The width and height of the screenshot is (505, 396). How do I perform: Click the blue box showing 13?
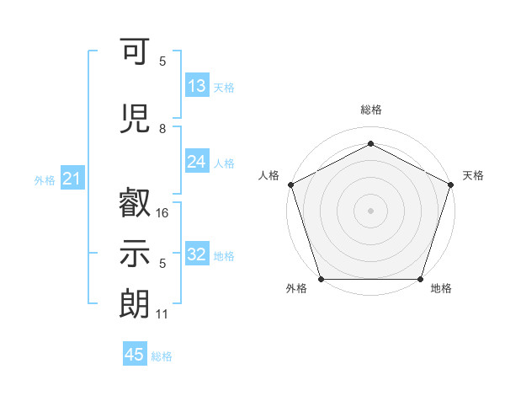[197, 86]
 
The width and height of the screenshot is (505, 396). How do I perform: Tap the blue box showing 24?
[197, 162]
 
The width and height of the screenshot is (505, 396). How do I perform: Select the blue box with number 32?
[197, 254]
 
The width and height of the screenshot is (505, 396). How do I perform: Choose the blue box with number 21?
[72, 179]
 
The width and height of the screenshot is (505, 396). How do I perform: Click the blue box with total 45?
[135, 355]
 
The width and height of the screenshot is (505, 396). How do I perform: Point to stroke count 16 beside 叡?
[163, 213]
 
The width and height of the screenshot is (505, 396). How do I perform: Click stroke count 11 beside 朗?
[162, 314]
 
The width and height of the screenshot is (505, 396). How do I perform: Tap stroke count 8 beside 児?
[162, 129]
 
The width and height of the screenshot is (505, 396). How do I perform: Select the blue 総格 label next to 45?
[162, 356]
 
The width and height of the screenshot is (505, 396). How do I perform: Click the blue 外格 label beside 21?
[45, 180]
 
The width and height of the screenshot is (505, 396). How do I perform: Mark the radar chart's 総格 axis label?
[370, 110]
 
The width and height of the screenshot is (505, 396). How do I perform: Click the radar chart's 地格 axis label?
[441, 289]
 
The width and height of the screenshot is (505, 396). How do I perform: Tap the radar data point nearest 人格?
[290, 184]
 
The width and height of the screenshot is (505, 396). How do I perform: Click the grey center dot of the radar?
[370, 210]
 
